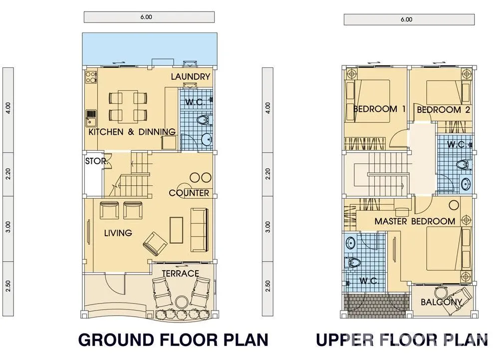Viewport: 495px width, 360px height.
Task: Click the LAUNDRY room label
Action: (190, 77)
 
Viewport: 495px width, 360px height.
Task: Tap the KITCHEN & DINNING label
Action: (132, 132)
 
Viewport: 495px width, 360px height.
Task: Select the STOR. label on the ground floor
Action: (96, 161)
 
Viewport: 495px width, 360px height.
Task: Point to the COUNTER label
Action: (189, 193)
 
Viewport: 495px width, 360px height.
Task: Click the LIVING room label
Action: (118, 233)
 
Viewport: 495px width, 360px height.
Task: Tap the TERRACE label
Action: (180, 274)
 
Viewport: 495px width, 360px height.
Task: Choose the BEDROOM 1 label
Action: (379, 109)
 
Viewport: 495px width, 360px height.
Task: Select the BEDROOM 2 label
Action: (443, 110)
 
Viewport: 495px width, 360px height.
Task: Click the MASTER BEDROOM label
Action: (415, 221)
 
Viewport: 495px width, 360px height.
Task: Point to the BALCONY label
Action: (441, 302)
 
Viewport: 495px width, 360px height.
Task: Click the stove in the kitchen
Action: (91, 77)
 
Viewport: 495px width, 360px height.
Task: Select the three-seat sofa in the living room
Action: (199, 230)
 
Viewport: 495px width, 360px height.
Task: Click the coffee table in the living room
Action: (177, 230)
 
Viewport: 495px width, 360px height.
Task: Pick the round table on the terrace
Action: (182, 302)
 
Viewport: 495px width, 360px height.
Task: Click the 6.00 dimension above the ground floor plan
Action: (146, 17)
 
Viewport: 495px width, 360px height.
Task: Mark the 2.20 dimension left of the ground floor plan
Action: (8, 174)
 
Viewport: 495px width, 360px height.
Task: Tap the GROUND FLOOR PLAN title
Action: (173, 340)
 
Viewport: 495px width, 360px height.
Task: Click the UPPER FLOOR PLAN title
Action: (402, 340)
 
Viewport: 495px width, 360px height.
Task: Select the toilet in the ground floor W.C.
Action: (205, 120)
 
